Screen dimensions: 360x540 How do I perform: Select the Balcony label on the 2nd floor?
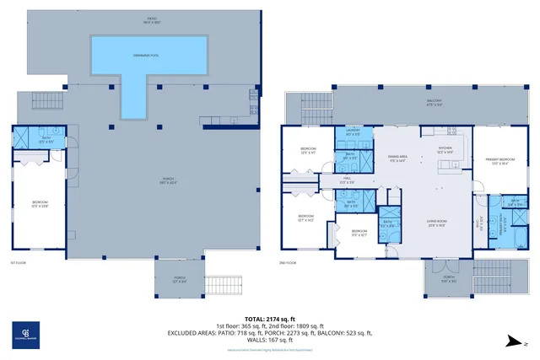click(x=434, y=101)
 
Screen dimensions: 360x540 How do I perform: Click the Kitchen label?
click(x=445, y=149)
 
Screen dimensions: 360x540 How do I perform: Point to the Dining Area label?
click(x=397, y=158)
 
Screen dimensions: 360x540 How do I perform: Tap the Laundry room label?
click(x=351, y=132)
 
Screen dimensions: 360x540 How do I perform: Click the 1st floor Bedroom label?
click(x=40, y=205)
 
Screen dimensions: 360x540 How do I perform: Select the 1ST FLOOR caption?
click(x=19, y=263)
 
